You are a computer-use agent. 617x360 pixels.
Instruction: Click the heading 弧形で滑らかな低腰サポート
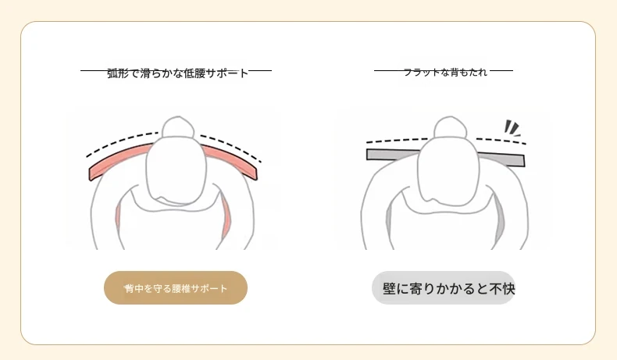pyautogui.click(x=177, y=73)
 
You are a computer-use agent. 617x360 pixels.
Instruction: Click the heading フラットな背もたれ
pyautogui.click(x=445, y=73)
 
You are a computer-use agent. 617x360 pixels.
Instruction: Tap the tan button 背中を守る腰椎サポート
pyautogui.click(x=176, y=287)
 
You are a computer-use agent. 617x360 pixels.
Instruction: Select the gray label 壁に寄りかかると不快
pyautogui.click(x=444, y=287)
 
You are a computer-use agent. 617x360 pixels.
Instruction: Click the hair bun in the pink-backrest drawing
pyautogui.click(x=178, y=127)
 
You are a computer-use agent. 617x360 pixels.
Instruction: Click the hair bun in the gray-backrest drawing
pyautogui.click(x=450, y=127)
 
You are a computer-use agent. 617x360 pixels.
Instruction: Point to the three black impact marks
pyautogui.click(x=512, y=128)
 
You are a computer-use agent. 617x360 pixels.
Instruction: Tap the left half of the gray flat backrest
pyautogui.click(x=394, y=154)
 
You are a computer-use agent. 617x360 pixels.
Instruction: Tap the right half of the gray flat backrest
pyautogui.click(x=503, y=159)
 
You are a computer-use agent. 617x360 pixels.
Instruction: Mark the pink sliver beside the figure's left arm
pyautogui.click(x=226, y=219)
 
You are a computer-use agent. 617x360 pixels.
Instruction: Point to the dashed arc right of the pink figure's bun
pyautogui.click(x=231, y=146)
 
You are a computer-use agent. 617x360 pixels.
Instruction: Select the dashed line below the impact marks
pyautogui.click(x=501, y=141)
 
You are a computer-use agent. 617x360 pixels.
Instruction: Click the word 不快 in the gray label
pyautogui.click(x=502, y=289)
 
